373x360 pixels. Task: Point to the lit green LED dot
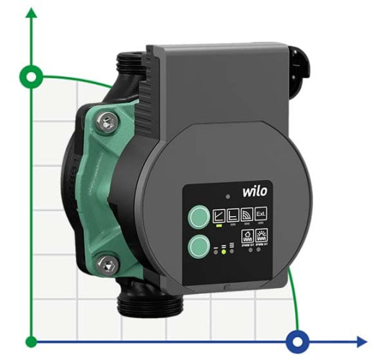click(x=224, y=252)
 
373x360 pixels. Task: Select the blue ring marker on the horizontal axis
click(x=297, y=341)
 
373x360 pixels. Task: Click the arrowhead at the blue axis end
click(x=361, y=341)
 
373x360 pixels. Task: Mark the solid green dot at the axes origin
click(x=31, y=341)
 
